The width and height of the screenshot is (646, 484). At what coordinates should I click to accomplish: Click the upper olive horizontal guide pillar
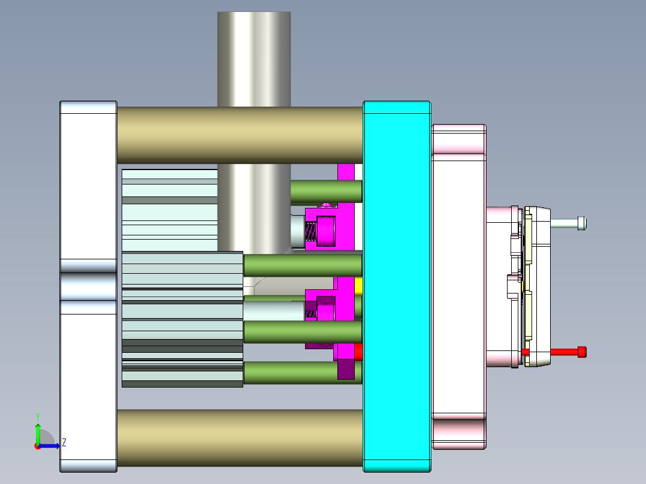240,135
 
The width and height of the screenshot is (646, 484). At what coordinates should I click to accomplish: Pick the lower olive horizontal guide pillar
240,438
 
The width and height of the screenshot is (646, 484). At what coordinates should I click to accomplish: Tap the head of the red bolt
581,352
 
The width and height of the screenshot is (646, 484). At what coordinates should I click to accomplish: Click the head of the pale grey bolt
582,223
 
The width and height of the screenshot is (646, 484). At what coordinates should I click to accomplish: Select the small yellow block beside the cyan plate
359,286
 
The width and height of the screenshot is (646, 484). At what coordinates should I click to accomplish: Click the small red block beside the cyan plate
359,352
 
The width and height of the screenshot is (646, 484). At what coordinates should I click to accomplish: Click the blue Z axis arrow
50,445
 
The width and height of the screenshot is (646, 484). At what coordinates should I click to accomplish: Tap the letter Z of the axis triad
64,443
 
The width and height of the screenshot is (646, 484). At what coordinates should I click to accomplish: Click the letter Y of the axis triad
37,416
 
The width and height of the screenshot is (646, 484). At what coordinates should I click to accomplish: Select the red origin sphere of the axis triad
37,446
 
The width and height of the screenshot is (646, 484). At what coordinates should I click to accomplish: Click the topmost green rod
326,191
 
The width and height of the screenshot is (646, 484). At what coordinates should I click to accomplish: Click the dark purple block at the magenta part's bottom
346,369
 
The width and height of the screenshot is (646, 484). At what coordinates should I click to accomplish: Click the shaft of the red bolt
563,352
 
